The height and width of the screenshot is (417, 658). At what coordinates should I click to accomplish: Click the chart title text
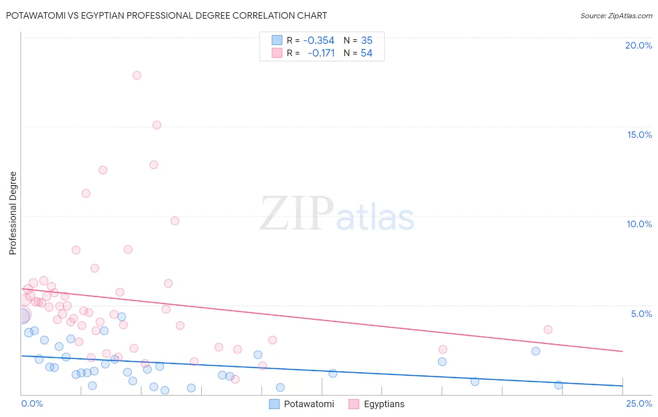point(167,15)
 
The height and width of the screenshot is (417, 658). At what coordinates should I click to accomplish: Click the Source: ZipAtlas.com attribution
point(616,15)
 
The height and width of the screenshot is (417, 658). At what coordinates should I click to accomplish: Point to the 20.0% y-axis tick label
point(638,45)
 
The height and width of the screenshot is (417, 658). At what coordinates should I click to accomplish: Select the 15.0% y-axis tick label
point(639,135)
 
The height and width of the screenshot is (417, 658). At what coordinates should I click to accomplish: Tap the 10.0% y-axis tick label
point(639,224)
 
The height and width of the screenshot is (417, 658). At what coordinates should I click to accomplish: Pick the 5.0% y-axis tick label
point(641,314)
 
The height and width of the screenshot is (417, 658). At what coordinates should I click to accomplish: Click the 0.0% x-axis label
point(32,403)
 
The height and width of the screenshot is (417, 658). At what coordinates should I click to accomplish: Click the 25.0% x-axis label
point(639,403)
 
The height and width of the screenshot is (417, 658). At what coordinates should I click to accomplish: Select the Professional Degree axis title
point(13,213)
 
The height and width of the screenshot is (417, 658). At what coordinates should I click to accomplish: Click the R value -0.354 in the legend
point(319,40)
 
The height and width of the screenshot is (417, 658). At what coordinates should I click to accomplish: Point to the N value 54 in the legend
point(366,53)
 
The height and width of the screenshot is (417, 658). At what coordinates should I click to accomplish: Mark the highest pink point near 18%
point(137,75)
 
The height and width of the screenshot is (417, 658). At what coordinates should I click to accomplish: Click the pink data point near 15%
point(157,125)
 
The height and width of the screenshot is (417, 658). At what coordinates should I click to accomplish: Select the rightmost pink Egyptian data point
point(548,330)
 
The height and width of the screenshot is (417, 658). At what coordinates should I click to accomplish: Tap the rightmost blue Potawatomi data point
point(558,385)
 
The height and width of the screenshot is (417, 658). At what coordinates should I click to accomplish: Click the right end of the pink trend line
point(622,351)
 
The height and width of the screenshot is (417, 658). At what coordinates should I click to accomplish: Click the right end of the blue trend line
point(622,386)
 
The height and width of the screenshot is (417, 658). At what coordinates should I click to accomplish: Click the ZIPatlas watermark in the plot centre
point(337,214)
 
